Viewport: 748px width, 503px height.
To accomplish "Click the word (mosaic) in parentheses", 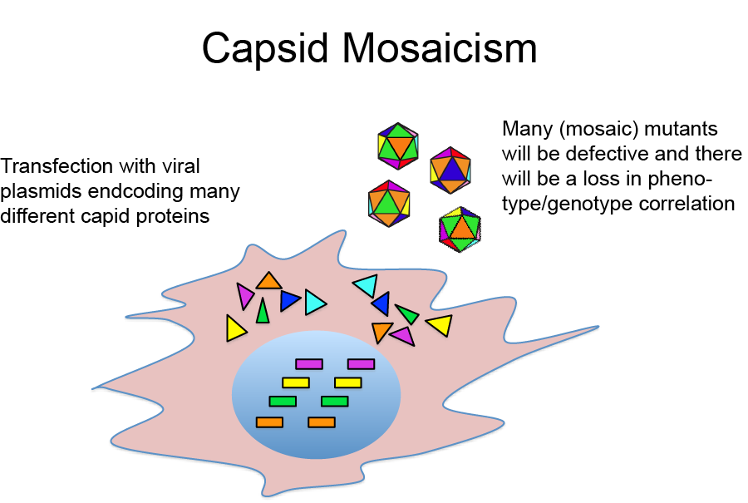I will point(593,130).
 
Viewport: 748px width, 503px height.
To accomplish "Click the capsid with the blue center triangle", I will point(450,170).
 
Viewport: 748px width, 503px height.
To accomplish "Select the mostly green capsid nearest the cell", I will point(460,229).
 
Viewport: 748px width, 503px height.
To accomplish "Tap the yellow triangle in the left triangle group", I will point(235,328).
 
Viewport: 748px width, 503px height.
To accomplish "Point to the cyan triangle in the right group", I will point(366,286).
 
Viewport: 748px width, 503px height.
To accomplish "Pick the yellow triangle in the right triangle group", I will point(440,324).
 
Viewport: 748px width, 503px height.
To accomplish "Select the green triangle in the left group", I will point(263,312).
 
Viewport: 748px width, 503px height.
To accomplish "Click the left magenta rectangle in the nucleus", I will point(309,363).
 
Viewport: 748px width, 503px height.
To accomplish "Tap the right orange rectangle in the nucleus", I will point(321,422).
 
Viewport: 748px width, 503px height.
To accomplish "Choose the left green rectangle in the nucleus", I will point(283,402).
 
